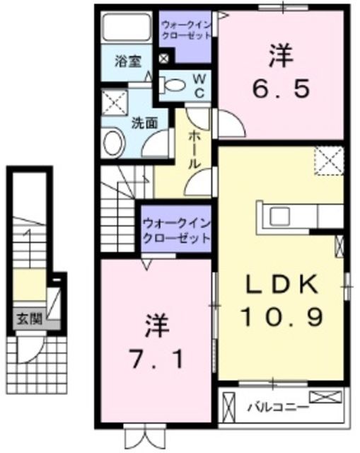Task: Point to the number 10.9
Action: point(280,315)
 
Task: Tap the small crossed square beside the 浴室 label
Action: point(163,59)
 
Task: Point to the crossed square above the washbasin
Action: point(112,103)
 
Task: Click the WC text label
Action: point(199,85)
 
